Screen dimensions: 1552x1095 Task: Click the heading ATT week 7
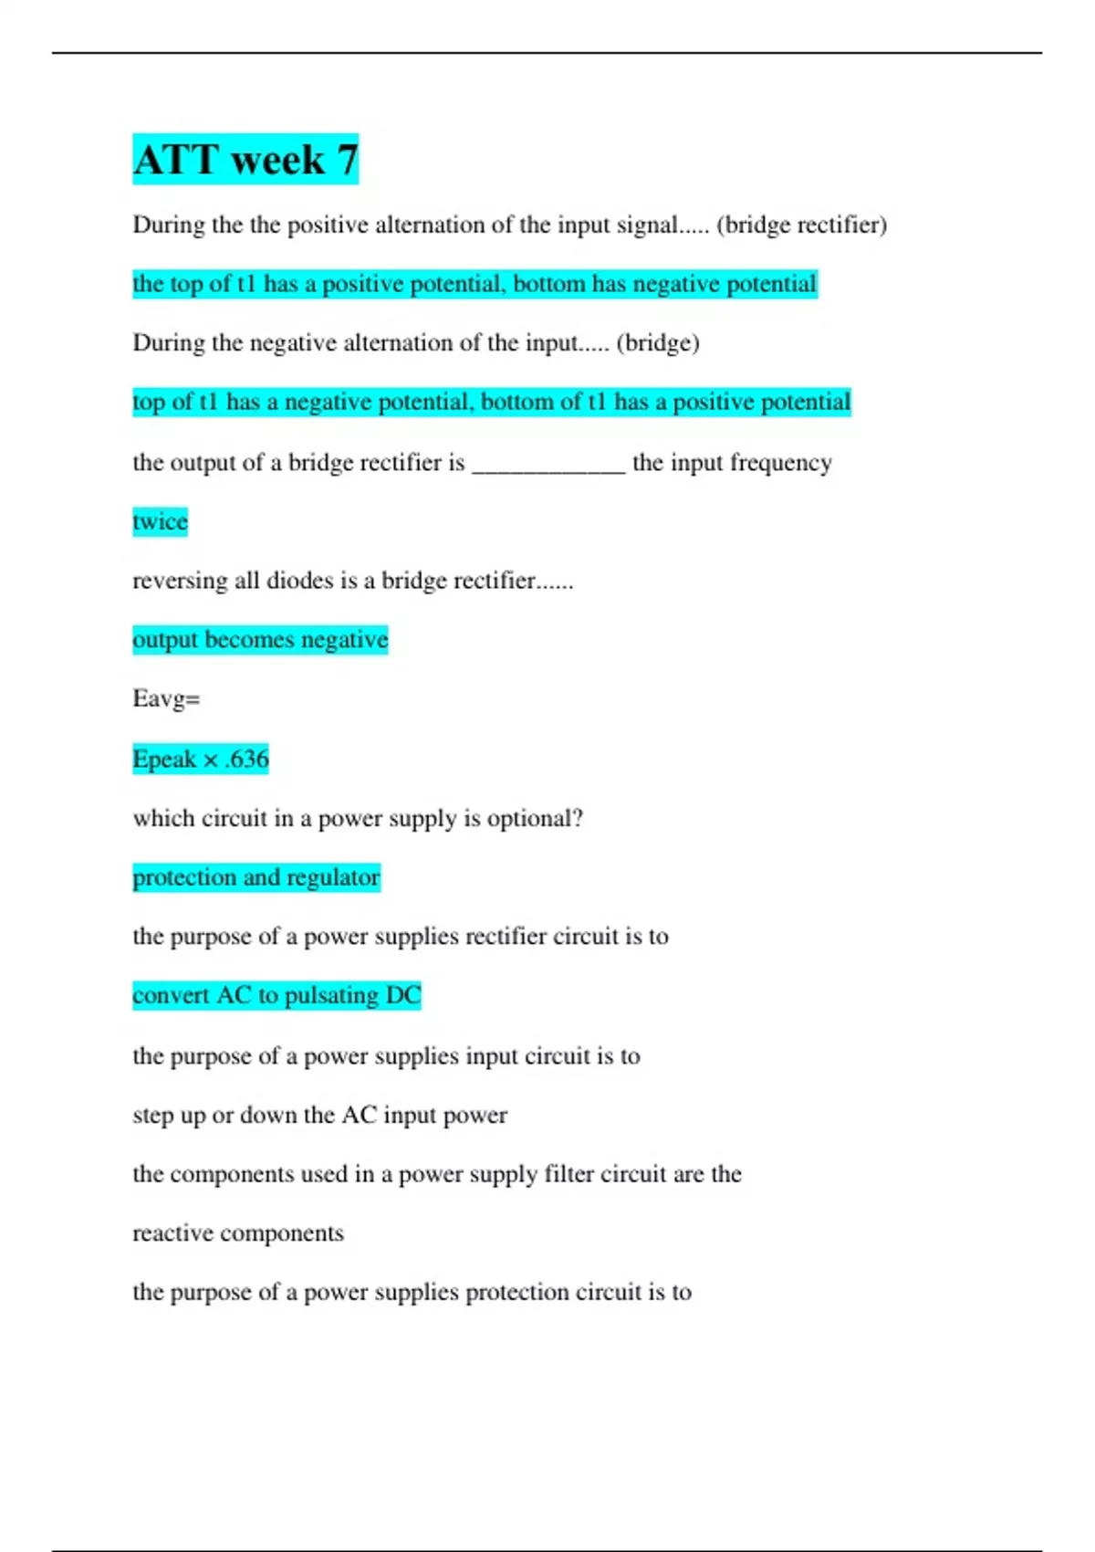[245, 160]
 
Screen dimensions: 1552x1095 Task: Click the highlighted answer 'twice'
[160, 521]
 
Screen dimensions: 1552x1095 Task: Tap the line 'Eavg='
[166, 698]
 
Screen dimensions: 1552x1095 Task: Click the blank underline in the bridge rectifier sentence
[548, 466]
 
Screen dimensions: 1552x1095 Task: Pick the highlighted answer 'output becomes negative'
[260, 639]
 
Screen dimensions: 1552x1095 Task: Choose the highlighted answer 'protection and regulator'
[255, 877]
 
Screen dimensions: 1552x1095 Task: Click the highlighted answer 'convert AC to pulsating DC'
[276, 995]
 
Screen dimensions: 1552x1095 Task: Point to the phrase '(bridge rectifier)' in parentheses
[801, 225]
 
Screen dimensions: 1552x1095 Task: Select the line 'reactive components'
[238, 1233]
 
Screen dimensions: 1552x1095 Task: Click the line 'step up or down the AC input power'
[319, 1115]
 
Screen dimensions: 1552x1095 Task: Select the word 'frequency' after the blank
[781, 463]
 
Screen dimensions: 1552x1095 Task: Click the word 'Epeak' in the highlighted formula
[164, 759]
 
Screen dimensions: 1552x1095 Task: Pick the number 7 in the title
[347, 160]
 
